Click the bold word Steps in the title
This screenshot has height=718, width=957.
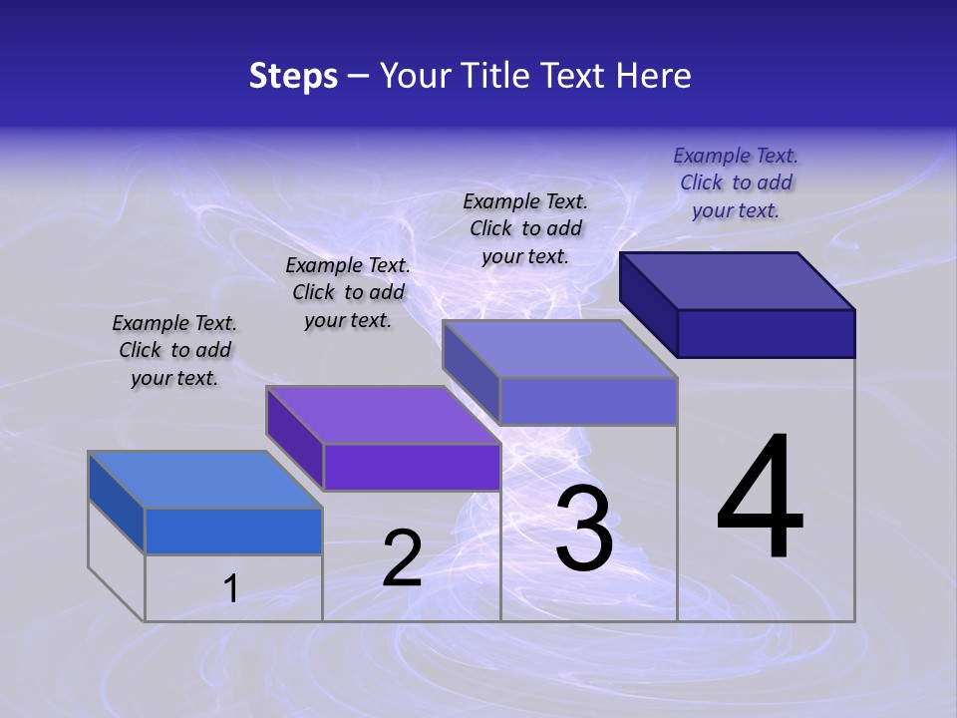(x=293, y=76)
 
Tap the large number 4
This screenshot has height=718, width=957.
(x=761, y=499)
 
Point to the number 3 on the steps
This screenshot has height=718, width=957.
(x=584, y=529)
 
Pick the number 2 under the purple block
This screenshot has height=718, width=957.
(x=402, y=558)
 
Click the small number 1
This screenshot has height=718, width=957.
(x=231, y=588)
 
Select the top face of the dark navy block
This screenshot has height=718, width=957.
(x=738, y=281)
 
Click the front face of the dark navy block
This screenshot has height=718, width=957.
(x=766, y=333)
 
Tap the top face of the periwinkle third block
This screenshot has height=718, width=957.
(x=560, y=349)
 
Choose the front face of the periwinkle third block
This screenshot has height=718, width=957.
(x=588, y=402)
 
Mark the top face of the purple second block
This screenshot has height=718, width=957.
(x=383, y=415)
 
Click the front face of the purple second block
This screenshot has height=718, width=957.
(x=412, y=467)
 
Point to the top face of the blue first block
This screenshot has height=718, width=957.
(x=205, y=480)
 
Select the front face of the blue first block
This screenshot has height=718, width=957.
(x=233, y=531)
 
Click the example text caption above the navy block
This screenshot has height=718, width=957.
(x=736, y=182)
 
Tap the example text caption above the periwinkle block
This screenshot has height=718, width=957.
(x=525, y=228)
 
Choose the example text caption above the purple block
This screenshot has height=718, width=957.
(x=348, y=292)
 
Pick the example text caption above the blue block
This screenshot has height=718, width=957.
(x=174, y=350)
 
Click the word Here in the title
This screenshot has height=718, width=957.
(x=654, y=76)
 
